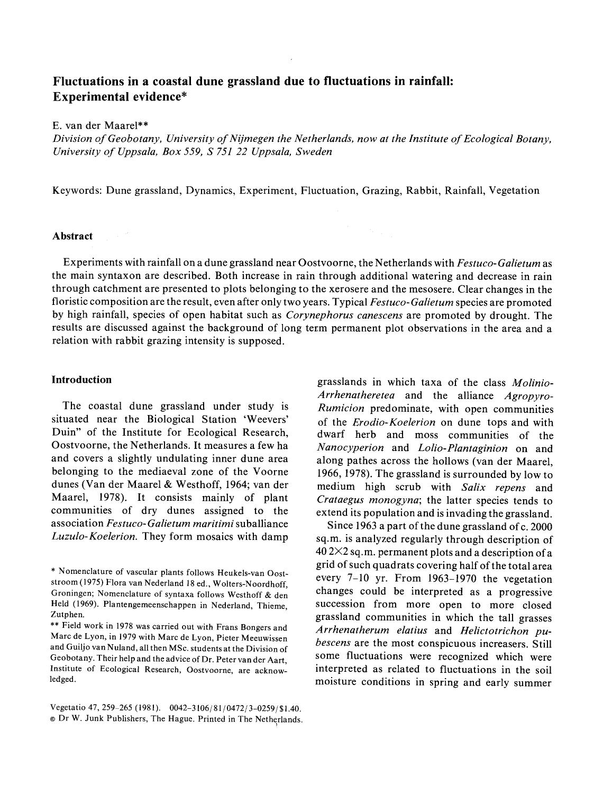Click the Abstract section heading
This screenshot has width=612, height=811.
(x=72, y=236)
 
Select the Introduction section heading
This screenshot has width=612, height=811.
(x=81, y=380)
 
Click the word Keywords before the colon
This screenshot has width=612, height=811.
(x=76, y=191)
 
